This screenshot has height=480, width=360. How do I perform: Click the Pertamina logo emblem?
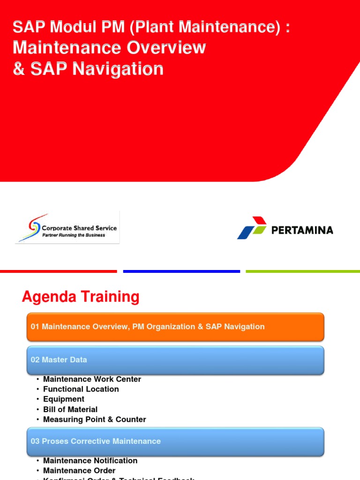point(252,228)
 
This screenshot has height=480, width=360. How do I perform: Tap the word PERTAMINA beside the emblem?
point(302,230)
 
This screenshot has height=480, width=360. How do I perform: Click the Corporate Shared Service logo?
point(67,227)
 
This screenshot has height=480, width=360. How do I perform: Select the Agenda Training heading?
point(81,297)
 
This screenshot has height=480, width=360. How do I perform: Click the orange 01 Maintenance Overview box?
point(175,327)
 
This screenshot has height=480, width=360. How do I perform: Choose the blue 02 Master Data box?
point(175,360)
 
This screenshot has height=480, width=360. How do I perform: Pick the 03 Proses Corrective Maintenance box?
point(175,441)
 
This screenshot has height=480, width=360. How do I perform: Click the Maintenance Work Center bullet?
point(92,379)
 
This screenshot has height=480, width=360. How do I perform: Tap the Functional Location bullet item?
point(81,389)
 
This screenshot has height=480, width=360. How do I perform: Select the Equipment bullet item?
point(64,399)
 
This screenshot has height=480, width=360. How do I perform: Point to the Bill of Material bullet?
point(70,409)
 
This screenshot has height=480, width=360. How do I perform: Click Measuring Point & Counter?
point(94,420)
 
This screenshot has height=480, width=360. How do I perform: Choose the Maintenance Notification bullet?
point(90,461)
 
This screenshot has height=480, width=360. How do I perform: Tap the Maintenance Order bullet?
point(79,471)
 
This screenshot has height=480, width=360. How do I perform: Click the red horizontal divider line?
point(58,271)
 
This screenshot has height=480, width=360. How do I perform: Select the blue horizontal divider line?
point(181,271)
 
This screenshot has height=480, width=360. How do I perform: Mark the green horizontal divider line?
point(303,271)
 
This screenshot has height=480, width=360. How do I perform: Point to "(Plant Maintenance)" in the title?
point(203,27)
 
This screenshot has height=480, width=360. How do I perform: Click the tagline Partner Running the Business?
point(74,235)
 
